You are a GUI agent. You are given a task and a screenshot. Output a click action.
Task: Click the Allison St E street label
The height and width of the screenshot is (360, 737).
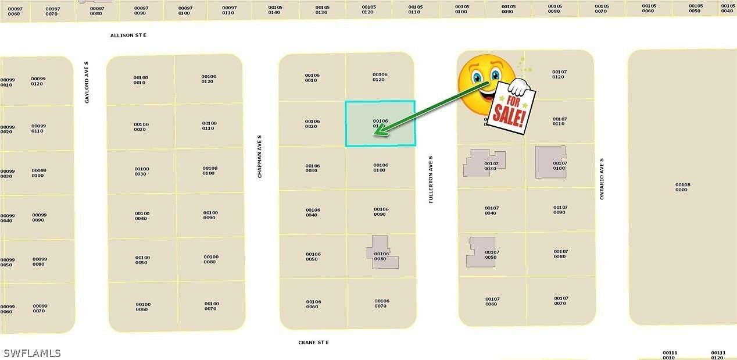click(128, 35)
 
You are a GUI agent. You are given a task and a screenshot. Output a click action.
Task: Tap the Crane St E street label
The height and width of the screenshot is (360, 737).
click(313, 343)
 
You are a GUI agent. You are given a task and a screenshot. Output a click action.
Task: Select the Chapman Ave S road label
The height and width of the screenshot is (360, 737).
click(260, 156)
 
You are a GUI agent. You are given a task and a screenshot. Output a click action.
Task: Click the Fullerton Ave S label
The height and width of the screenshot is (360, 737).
click(431, 179)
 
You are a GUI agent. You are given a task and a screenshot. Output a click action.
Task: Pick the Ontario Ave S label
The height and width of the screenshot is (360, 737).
click(602, 179)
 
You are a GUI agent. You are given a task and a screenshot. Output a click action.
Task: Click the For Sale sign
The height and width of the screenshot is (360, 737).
click(510, 109)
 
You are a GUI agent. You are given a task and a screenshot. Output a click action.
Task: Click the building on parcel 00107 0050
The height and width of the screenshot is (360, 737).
click(481, 252)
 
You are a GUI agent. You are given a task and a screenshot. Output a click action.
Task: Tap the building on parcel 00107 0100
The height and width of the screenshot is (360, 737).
click(550, 162)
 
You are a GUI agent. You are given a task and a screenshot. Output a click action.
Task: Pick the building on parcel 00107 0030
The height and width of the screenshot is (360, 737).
click(484, 163)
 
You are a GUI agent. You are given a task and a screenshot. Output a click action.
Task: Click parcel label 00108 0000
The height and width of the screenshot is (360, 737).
click(682, 187)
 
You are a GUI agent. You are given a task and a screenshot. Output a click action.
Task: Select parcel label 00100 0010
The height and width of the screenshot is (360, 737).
click(141, 80)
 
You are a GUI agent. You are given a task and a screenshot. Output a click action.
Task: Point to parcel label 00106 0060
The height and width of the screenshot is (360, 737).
click(313, 304)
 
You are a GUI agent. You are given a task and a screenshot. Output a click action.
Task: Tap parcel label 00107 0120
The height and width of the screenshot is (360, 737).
click(559, 74)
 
